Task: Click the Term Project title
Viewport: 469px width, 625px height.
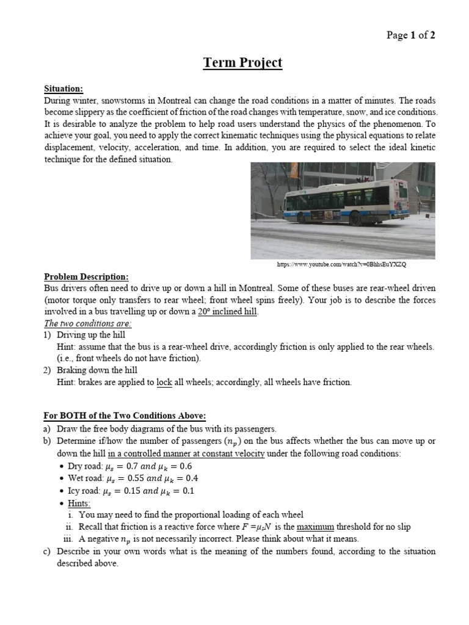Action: [242, 63]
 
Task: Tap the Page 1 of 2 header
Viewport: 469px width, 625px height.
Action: [411, 35]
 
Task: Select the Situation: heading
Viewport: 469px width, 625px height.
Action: [64, 89]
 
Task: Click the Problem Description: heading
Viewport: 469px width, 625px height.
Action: [86, 276]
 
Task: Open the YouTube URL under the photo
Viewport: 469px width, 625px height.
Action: [341, 264]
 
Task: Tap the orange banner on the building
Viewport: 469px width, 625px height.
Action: [294, 170]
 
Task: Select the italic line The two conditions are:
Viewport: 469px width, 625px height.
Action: [88, 323]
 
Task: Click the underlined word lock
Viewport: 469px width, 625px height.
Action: [164, 382]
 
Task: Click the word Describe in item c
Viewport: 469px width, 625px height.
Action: [76, 551]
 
